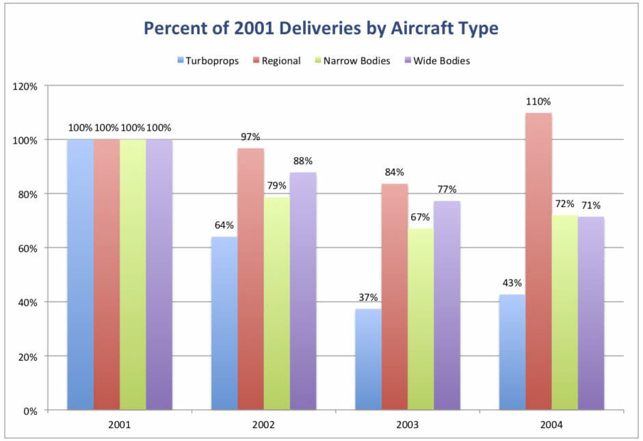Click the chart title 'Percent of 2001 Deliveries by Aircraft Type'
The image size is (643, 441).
pyautogui.click(x=321, y=29)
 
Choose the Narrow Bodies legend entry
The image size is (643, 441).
pyautogui.click(x=354, y=61)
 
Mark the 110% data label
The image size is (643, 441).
pyautogui.click(x=539, y=102)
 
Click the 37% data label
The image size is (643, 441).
pyautogui.click(x=367, y=297)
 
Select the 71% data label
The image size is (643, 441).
pyautogui.click(x=592, y=205)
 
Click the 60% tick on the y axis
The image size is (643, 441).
pyautogui.click(x=29, y=248)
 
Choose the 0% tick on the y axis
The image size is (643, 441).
pyautogui.click(x=31, y=411)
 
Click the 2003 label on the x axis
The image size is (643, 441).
pyautogui.click(x=408, y=425)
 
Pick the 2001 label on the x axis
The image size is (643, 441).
pyautogui.click(x=119, y=425)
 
